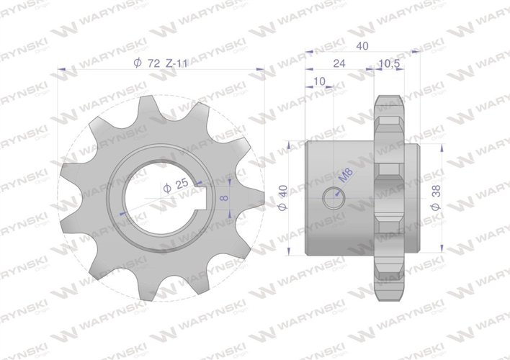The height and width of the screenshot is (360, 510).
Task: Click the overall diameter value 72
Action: point(152,63)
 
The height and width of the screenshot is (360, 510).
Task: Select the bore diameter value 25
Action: point(182,184)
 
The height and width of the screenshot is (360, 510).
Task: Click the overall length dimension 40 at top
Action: point(363,45)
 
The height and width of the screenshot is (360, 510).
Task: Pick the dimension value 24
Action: point(339,63)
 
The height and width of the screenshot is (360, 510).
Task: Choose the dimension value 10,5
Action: point(388,63)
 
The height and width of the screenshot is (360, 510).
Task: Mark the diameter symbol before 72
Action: point(137,63)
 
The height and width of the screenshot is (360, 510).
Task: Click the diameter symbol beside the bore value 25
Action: point(167,186)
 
